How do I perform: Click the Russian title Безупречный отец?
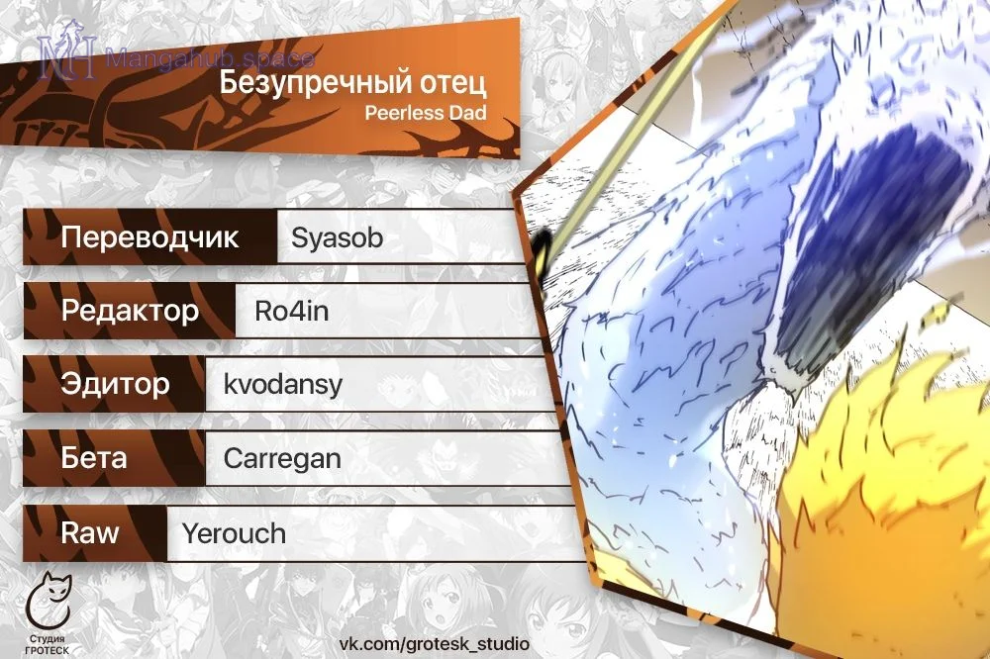tap(353, 83)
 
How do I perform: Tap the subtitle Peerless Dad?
tap(426, 113)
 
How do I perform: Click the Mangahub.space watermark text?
tap(210, 58)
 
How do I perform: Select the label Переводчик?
tap(149, 237)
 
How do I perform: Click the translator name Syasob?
tap(338, 237)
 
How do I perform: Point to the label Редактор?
tap(130, 311)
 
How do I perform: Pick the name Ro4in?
tap(292, 311)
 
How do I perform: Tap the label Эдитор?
tap(116, 384)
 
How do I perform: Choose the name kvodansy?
tap(283, 384)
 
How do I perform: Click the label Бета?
tap(94, 457)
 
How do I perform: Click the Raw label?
tap(90, 532)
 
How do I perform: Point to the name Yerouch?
tap(234, 533)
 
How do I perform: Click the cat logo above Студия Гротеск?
tap(48, 601)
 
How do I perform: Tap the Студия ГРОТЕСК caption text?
tap(48, 644)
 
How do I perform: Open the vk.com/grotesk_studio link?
tap(435, 644)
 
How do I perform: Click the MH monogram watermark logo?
tap(68, 50)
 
